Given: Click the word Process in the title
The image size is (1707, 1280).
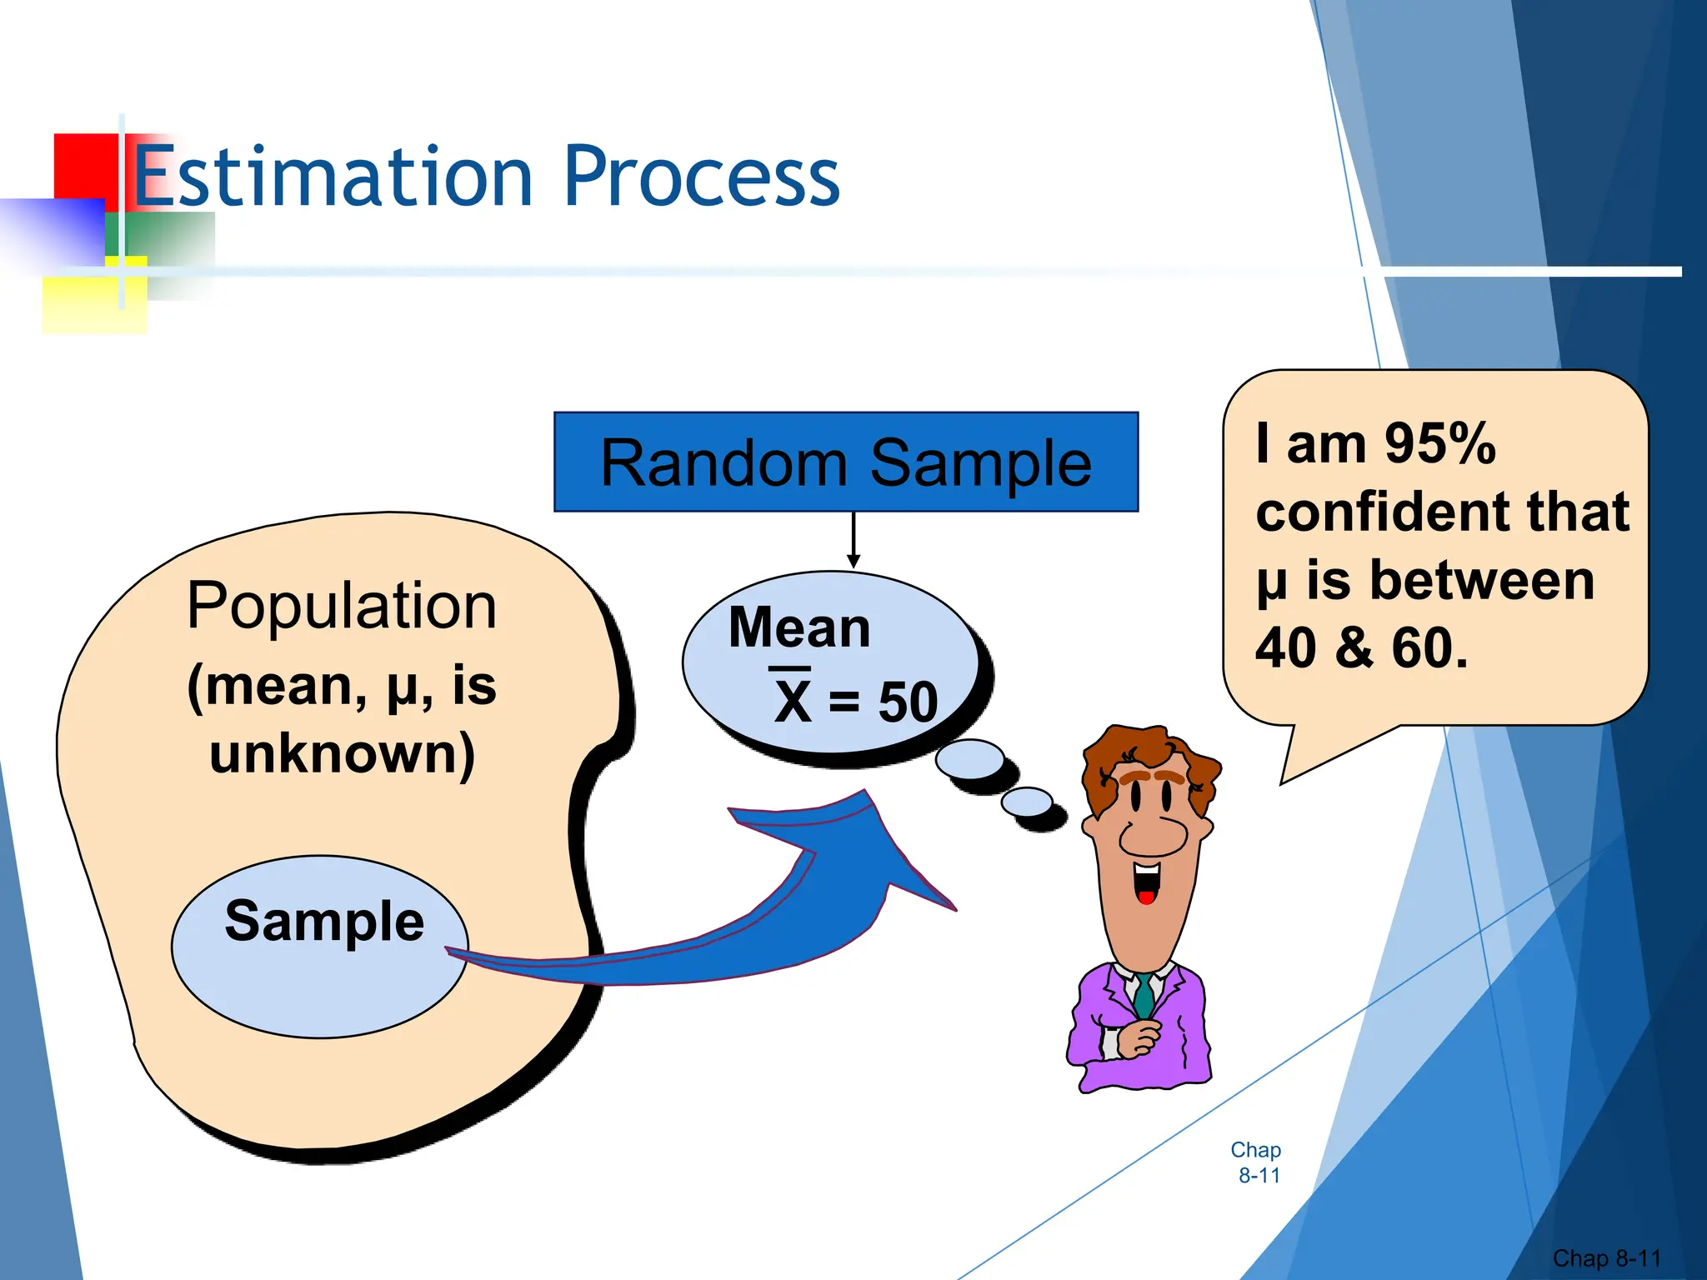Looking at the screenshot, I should pyautogui.click(x=702, y=177).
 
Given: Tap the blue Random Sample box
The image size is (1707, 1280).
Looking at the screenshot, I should pyautogui.click(x=845, y=462).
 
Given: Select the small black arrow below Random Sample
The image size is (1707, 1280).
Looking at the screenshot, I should pyautogui.click(x=853, y=542).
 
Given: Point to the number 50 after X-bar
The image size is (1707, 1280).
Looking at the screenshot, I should pyautogui.click(x=909, y=702).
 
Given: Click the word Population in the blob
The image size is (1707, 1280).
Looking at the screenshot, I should pyautogui.click(x=342, y=606).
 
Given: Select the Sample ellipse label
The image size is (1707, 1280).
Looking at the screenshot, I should pyautogui.click(x=324, y=921).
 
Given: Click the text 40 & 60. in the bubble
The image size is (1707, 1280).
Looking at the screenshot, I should pyautogui.click(x=1361, y=647).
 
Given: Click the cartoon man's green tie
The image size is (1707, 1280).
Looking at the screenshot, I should pyautogui.click(x=1144, y=996).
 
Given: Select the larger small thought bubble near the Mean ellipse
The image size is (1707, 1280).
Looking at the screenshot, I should pyautogui.click(x=969, y=759).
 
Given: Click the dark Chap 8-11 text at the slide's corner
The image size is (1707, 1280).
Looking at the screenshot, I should pyautogui.click(x=1606, y=1257).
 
